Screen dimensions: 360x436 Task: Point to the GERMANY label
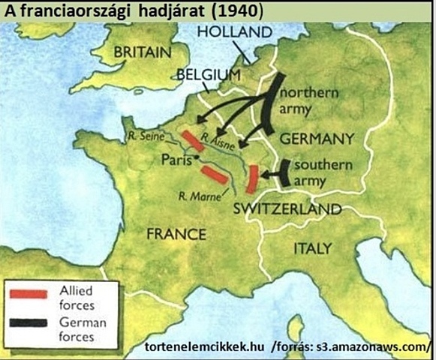[316, 139]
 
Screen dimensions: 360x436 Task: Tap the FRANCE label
[176, 234]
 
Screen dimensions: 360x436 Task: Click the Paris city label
[177, 159]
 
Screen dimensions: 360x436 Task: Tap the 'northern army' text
[308, 100]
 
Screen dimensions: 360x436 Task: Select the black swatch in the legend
[30, 323]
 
